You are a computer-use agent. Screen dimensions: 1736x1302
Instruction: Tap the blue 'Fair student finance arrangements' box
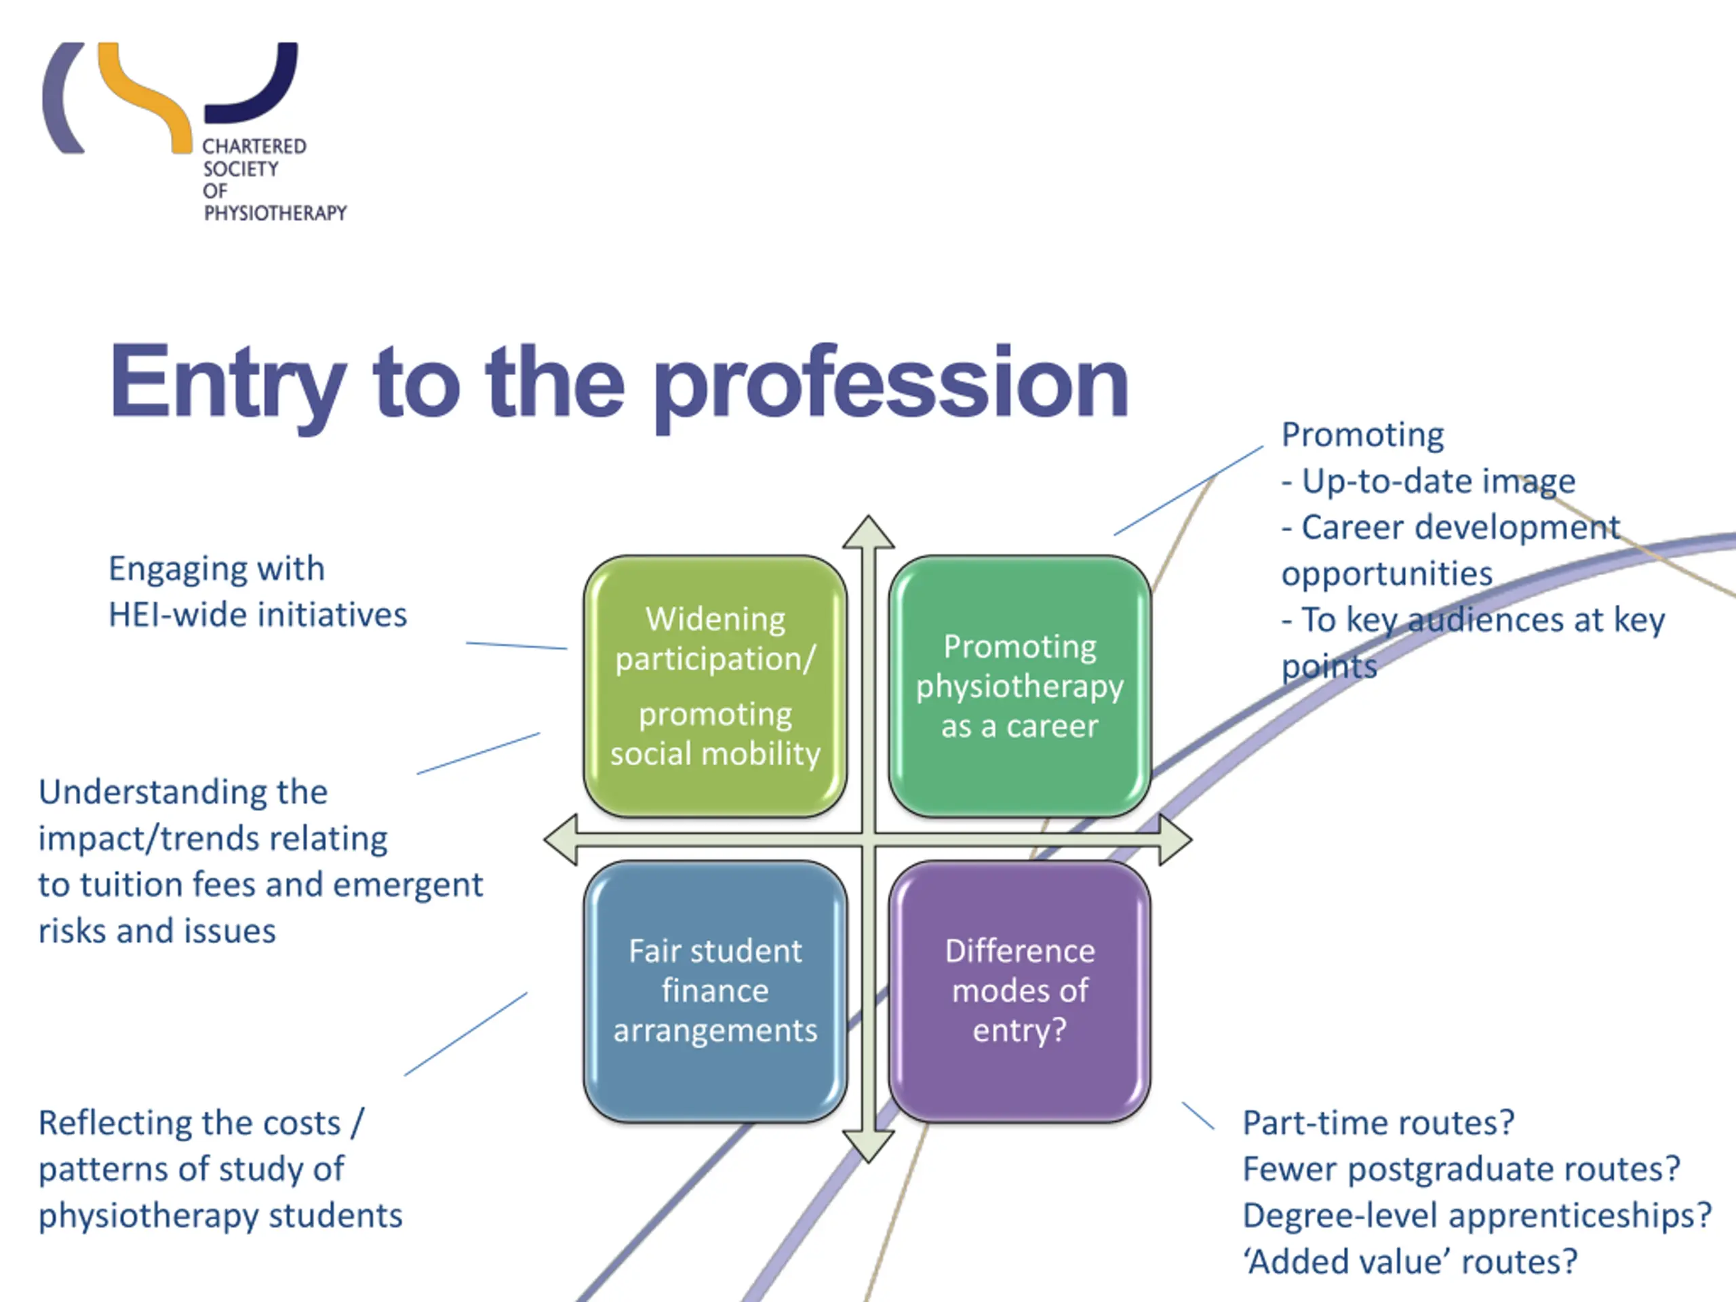[715, 991]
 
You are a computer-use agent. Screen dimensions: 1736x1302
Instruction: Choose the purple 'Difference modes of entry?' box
[1019, 991]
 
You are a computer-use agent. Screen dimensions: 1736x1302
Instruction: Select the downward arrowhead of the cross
[868, 1146]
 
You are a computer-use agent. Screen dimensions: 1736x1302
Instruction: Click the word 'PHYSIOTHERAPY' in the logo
[275, 214]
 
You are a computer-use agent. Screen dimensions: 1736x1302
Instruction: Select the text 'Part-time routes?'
[1378, 1123]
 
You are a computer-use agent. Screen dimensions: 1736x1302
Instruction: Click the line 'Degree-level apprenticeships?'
[1476, 1216]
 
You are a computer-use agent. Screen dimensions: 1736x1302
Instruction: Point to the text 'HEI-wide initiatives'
[258, 615]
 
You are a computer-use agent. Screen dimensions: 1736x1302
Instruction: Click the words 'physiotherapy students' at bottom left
[220, 1216]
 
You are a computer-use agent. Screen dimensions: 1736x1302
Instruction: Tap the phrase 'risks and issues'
[157, 932]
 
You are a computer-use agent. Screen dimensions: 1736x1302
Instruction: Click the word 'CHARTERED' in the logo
[254, 146]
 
